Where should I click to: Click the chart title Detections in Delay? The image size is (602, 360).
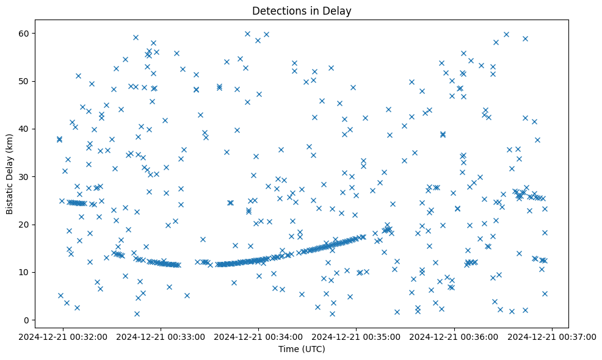302,11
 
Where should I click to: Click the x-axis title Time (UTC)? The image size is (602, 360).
302,349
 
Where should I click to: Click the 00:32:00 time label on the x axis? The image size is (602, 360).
63,336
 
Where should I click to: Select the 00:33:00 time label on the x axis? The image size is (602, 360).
162,336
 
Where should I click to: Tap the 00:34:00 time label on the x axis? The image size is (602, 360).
259,336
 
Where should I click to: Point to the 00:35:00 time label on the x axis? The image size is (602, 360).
357,336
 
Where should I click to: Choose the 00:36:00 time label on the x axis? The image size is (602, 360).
455,336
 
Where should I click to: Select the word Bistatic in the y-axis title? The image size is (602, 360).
10,195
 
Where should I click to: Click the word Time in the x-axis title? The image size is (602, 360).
288,349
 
